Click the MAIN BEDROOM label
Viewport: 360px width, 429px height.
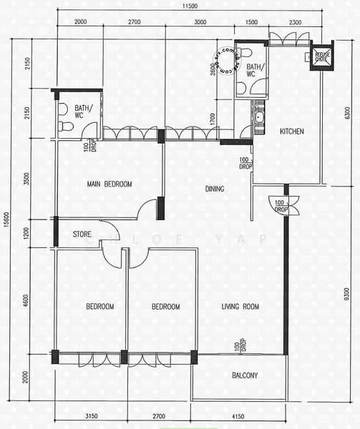[x=110, y=184]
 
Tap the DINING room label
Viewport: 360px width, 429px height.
[x=215, y=189]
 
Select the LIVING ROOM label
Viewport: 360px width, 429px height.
[x=240, y=307]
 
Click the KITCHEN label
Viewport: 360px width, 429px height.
[x=292, y=132]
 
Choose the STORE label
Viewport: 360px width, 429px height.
[x=82, y=234]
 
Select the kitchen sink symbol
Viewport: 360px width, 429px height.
[x=258, y=114]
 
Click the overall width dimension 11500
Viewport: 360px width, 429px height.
[x=189, y=6]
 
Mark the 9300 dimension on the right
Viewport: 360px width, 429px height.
[x=347, y=293]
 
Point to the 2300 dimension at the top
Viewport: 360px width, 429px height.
[x=295, y=22]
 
